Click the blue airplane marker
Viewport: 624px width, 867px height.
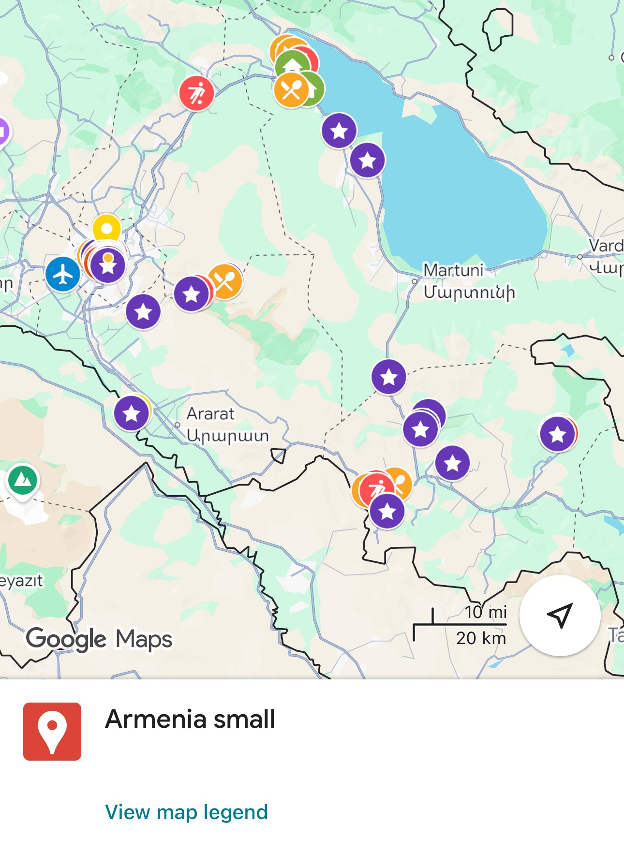[63, 274]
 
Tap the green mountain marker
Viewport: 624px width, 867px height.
[23, 480]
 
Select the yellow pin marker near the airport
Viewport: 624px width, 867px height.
[107, 228]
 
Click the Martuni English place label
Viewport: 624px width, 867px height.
[453, 270]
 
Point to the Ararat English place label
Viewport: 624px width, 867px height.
[210, 413]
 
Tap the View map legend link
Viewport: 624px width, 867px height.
[186, 812]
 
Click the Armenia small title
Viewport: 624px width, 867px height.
[190, 719]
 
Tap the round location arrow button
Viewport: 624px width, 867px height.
[560, 615]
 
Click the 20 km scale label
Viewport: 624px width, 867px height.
[481, 638]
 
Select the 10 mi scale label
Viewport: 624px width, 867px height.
[485, 612]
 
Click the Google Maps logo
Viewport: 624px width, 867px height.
[99, 639]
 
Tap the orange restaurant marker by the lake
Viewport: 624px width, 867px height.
[291, 90]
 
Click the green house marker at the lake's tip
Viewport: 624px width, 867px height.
[293, 64]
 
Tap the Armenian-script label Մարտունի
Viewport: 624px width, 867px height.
[469, 292]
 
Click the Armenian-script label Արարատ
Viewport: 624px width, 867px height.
[227, 436]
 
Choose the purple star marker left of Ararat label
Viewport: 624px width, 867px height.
[132, 413]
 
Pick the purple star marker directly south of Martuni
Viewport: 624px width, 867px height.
[389, 377]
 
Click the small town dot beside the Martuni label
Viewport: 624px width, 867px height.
[415, 281]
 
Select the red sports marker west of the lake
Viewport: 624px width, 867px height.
[196, 93]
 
